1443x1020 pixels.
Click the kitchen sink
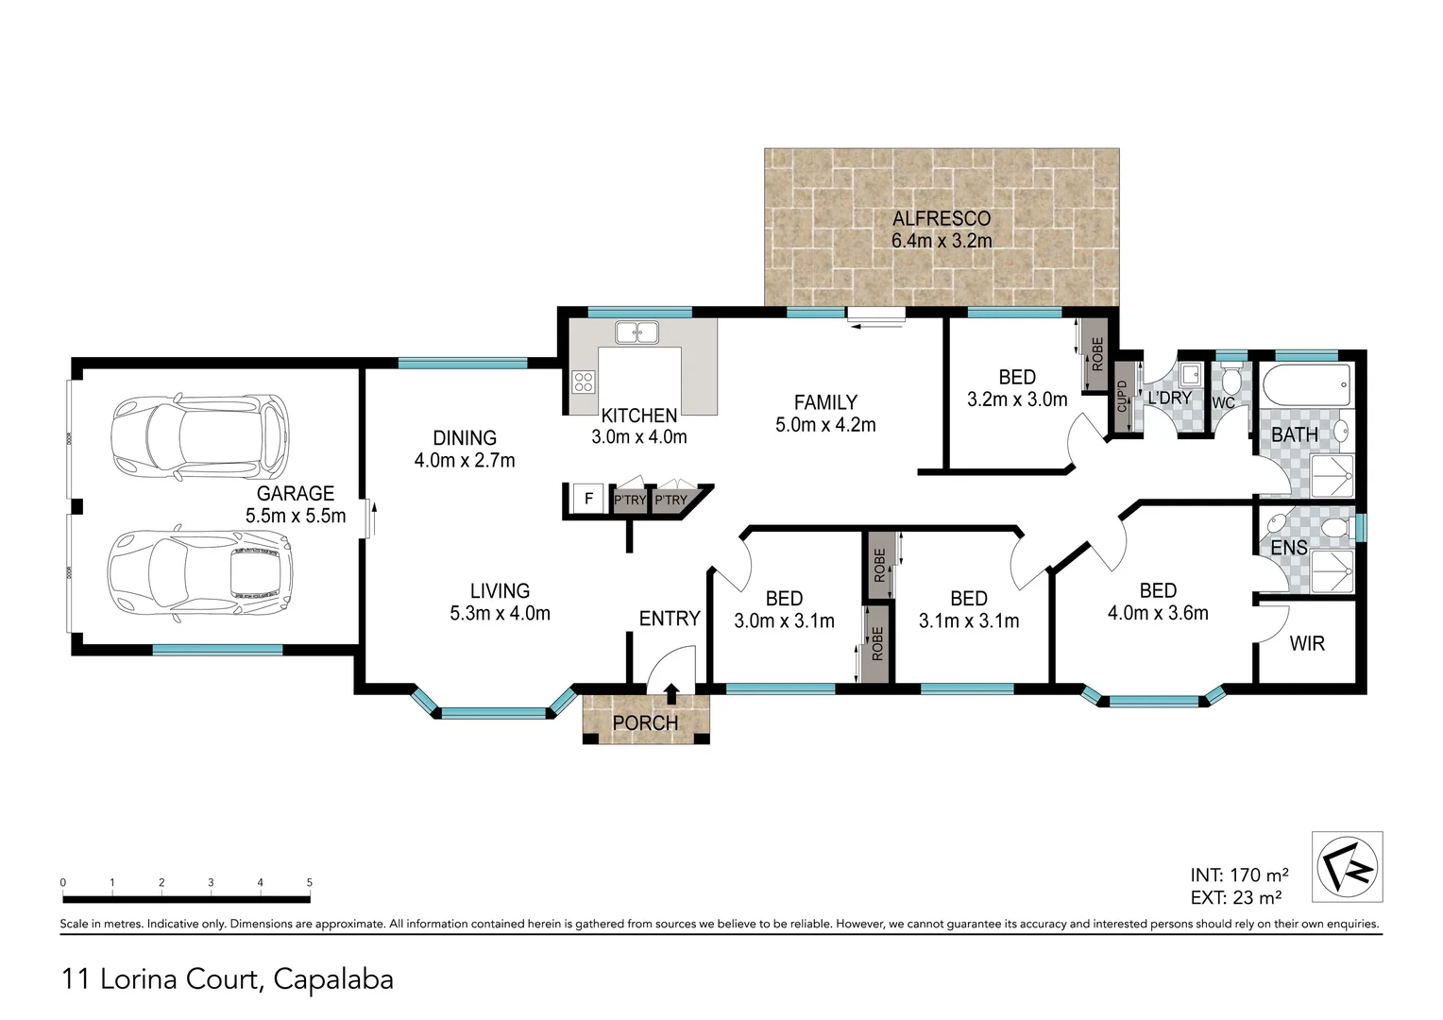pyautogui.click(x=637, y=332)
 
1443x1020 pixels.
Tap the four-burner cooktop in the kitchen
pyautogui.click(x=584, y=382)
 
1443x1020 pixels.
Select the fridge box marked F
pyautogui.click(x=588, y=499)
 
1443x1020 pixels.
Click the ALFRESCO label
pyautogui.click(x=942, y=219)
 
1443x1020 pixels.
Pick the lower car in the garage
pyautogui.click(x=199, y=572)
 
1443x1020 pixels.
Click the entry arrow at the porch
pyautogui.click(x=671, y=694)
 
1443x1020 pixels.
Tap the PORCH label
pyautogui.click(x=645, y=723)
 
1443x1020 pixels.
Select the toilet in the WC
pyautogui.click(x=1230, y=382)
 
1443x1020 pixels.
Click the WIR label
pyautogui.click(x=1307, y=643)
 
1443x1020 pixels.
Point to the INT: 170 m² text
pyautogui.click(x=1239, y=875)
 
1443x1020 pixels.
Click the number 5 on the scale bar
pyautogui.click(x=310, y=883)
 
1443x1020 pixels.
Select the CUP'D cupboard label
pyautogui.click(x=1122, y=397)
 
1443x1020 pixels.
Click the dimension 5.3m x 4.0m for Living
pyautogui.click(x=500, y=613)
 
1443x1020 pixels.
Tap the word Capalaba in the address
pyautogui.click(x=333, y=979)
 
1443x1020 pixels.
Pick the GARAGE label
pyautogui.click(x=296, y=493)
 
